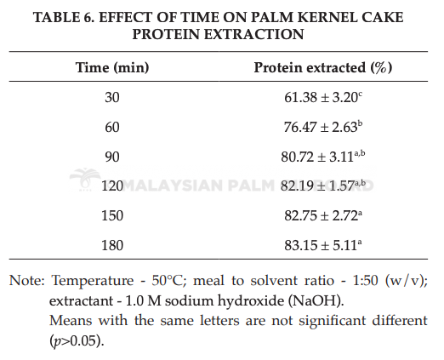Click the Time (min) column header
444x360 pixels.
point(112,67)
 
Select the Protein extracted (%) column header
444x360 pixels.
point(323,67)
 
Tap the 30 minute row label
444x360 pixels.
point(112,97)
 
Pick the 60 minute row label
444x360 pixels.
point(112,127)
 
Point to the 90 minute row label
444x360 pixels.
point(112,157)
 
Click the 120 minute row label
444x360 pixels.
point(112,186)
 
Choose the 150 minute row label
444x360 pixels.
point(112,215)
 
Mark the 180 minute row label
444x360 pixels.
point(112,245)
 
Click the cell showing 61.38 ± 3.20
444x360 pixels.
point(323,97)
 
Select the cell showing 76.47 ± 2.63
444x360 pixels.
point(323,127)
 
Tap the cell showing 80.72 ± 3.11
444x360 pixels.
point(323,157)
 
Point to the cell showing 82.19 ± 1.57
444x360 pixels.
point(323,186)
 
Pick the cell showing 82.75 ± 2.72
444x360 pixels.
point(323,215)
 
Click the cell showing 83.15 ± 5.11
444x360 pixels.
point(323,245)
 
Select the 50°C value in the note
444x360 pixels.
point(166,281)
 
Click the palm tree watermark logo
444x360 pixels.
point(85,179)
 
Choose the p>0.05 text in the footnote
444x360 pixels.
point(75,340)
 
